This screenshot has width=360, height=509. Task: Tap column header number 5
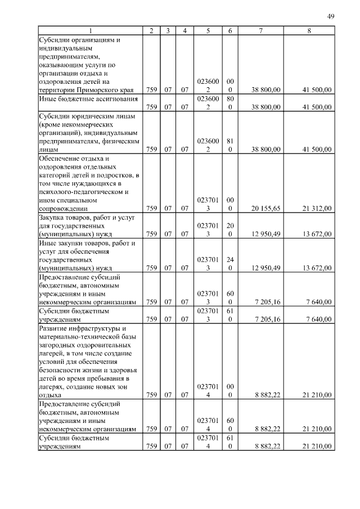(208, 30)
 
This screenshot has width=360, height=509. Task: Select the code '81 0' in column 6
(230, 145)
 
